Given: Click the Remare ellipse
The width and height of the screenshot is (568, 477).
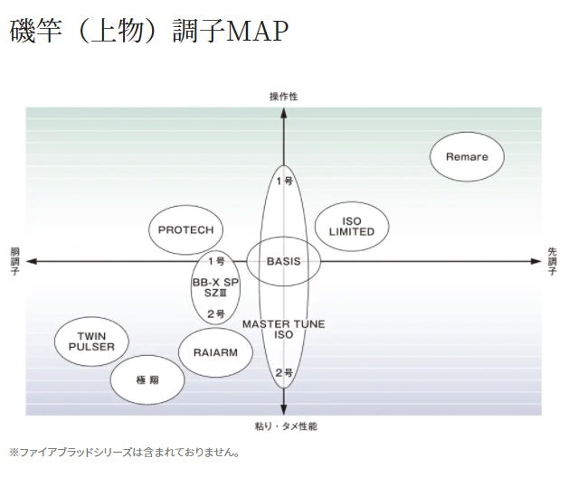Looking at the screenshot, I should [467, 156].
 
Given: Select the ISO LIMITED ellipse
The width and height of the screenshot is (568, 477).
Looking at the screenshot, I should [352, 226].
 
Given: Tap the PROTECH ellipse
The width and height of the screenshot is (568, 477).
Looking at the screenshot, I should [185, 229].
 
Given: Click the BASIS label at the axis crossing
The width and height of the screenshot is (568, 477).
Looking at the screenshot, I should [283, 261].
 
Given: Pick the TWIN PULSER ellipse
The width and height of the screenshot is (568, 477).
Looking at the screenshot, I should [91, 341].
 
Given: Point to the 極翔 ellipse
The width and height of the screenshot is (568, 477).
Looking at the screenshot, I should [148, 379].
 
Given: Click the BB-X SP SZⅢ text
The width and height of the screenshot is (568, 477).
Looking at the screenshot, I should [215, 286].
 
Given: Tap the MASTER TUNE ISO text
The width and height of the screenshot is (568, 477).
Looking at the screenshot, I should [283, 329].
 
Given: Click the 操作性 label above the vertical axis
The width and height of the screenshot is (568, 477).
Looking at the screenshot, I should [284, 96].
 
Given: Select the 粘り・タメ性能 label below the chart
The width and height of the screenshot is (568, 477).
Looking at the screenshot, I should [284, 425].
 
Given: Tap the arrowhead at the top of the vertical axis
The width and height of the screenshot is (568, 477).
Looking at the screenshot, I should [284, 113].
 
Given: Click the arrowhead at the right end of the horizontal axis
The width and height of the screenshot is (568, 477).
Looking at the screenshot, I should [535, 261].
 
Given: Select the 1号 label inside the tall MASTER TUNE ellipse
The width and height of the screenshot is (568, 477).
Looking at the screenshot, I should [284, 181].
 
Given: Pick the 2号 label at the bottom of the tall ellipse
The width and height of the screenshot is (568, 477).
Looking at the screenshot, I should [284, 372].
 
